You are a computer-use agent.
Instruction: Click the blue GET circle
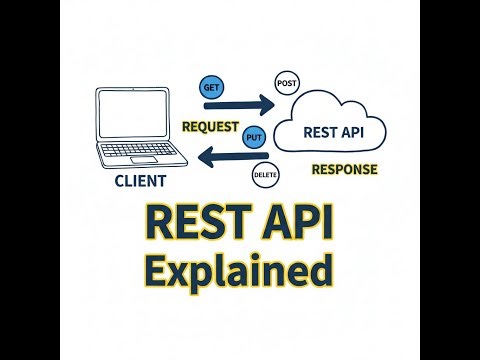[x=211, y=88]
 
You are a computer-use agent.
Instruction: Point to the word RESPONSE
[x=344, y=169]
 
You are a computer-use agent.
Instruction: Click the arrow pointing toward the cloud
[x=246, y=103]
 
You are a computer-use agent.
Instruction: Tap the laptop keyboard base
[x=136, y=162]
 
